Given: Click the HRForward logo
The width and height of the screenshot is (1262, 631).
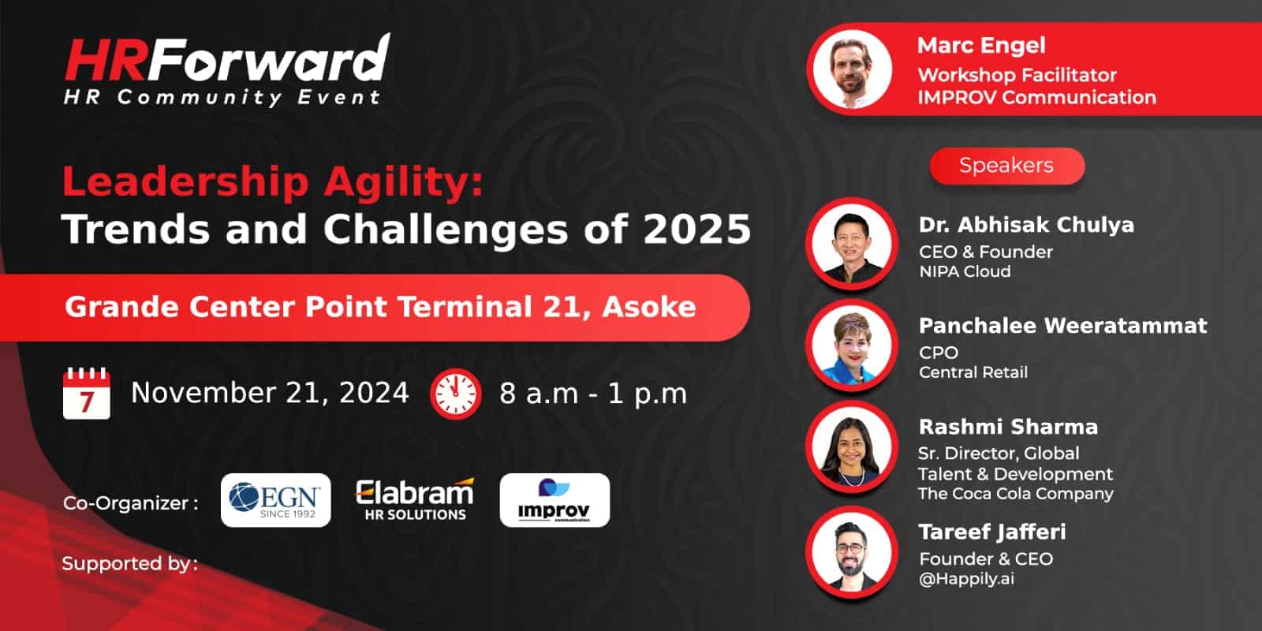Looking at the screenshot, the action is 226,70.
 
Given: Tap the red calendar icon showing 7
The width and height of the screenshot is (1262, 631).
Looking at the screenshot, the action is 86,394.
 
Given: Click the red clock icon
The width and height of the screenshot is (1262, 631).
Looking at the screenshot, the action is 455,394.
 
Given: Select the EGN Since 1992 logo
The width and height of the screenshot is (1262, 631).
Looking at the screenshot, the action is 275,500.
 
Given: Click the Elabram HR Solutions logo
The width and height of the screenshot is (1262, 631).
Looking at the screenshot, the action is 415,500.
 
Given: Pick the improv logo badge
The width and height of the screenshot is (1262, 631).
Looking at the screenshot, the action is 554,500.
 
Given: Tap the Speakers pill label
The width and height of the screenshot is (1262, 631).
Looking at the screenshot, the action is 1006,166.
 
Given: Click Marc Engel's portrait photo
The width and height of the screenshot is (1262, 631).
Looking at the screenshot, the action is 853,69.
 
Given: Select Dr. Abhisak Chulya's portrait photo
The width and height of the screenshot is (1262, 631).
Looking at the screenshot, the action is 852,244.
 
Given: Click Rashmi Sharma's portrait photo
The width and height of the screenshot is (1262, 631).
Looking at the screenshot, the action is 852,446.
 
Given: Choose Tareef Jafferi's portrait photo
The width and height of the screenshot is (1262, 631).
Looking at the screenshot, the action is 852,551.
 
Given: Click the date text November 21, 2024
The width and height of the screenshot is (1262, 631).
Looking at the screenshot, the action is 270,394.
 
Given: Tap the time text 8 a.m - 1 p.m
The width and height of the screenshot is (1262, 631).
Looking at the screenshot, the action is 593,394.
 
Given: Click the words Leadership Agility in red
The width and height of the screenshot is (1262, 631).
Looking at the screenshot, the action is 273,183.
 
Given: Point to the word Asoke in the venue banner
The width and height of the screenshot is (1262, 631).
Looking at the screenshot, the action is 649,307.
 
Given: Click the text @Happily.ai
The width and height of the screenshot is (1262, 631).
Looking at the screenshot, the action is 966,579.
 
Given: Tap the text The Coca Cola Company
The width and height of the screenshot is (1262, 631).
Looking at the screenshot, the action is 1016,494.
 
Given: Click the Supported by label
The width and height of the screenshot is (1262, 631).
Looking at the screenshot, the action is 129,563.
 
